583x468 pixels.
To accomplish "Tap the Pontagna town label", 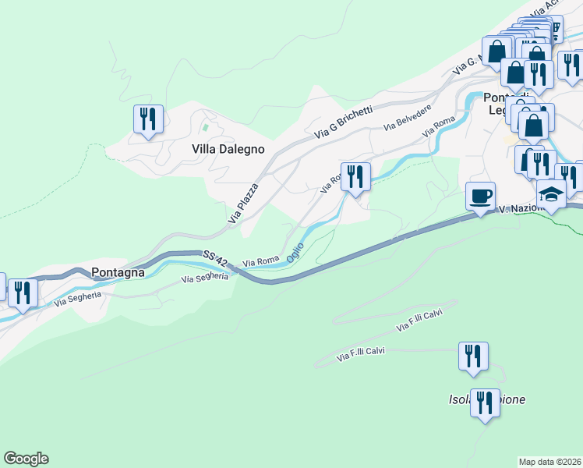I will (118, 272).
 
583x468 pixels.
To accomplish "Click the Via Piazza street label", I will (243, 204).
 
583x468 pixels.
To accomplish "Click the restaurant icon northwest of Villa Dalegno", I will (148, 119).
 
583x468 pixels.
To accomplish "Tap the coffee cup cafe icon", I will (481, 196).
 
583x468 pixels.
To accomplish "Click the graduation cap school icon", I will (551, 193).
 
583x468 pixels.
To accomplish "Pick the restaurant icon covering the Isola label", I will (485, 404).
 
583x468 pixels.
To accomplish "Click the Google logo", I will (26, 459).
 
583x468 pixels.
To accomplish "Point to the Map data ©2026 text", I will (549, 462).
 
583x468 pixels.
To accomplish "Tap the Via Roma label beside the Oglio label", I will (261, 263).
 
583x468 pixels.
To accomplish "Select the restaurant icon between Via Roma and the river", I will (355, 176).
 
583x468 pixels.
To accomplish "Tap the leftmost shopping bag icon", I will (496, 51).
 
